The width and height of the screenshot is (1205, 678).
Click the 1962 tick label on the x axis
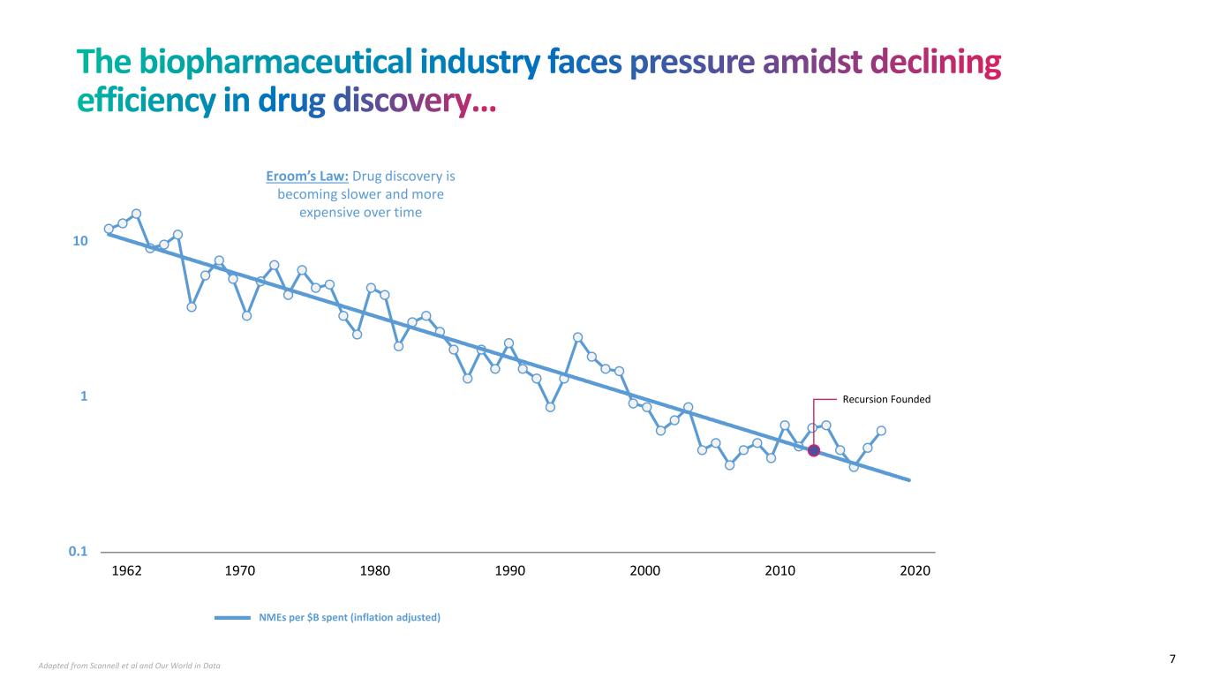[128, 570]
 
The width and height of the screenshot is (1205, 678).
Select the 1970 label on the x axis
[240, 570]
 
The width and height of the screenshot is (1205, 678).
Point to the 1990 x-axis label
[510, 570]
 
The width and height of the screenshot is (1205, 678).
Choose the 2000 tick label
[645, 570]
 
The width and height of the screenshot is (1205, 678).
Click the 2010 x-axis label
[780, 570]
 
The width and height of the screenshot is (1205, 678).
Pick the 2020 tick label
[915, 570]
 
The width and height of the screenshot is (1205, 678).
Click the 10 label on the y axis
[80, 242]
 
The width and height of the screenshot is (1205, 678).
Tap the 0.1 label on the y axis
[79, 552]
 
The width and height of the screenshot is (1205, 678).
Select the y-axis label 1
[84, 396]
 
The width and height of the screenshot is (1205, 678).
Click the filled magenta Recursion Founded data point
[814, 450]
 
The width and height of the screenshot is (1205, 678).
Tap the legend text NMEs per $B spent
[350, 618]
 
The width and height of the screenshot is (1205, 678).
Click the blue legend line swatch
[233, 618]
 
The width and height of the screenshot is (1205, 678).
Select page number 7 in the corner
[1172, 659]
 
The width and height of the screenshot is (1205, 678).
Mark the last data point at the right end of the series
[881, 431]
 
